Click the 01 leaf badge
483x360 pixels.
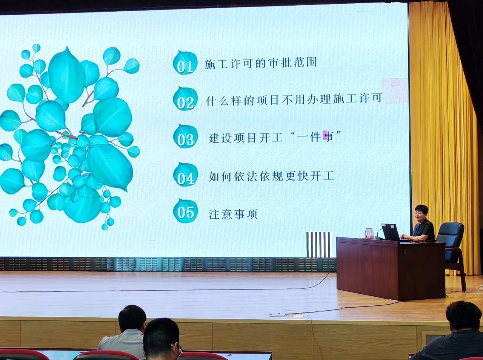(185, 63)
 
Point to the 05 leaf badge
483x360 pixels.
(185, 211)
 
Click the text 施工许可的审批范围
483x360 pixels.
(260, 63)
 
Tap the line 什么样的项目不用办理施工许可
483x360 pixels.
(294, 100)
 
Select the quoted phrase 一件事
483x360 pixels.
(315, 137)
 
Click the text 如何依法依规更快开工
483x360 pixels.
(271, 176)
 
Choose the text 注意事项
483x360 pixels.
(233, 214)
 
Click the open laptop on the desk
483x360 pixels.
(391, 232)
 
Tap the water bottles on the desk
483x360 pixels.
(369, 233)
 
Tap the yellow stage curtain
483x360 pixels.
(442, 132)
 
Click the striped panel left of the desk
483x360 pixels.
(320, 244)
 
